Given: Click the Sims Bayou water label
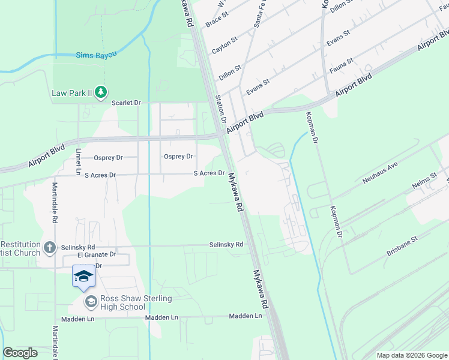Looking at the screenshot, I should click(95, 55).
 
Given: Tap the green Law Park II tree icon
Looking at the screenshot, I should click(102, 92).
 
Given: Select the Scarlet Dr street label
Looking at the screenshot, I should click(126, 103).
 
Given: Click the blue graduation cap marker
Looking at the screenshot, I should click(83, 275).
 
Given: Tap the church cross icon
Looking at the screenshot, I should click(51, 247).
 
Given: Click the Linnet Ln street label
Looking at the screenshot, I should click(78, 162).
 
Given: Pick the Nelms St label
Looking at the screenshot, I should click(424, 184).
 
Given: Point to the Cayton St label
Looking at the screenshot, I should click(225, 43).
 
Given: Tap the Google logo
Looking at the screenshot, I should click(20, 353).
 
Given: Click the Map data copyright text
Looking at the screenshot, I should click(411, 355).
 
